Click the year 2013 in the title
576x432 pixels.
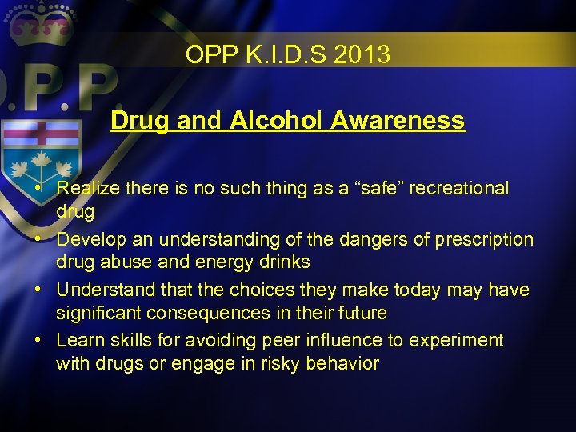[x=363, y=55]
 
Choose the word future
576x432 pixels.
[x=360, y=313]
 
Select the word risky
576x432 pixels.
[x=266, y=363]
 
